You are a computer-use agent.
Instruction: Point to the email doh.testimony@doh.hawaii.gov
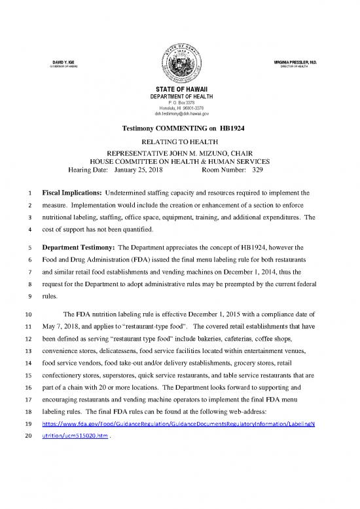pos(179,113)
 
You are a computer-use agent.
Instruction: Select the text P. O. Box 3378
pos(179,103)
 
